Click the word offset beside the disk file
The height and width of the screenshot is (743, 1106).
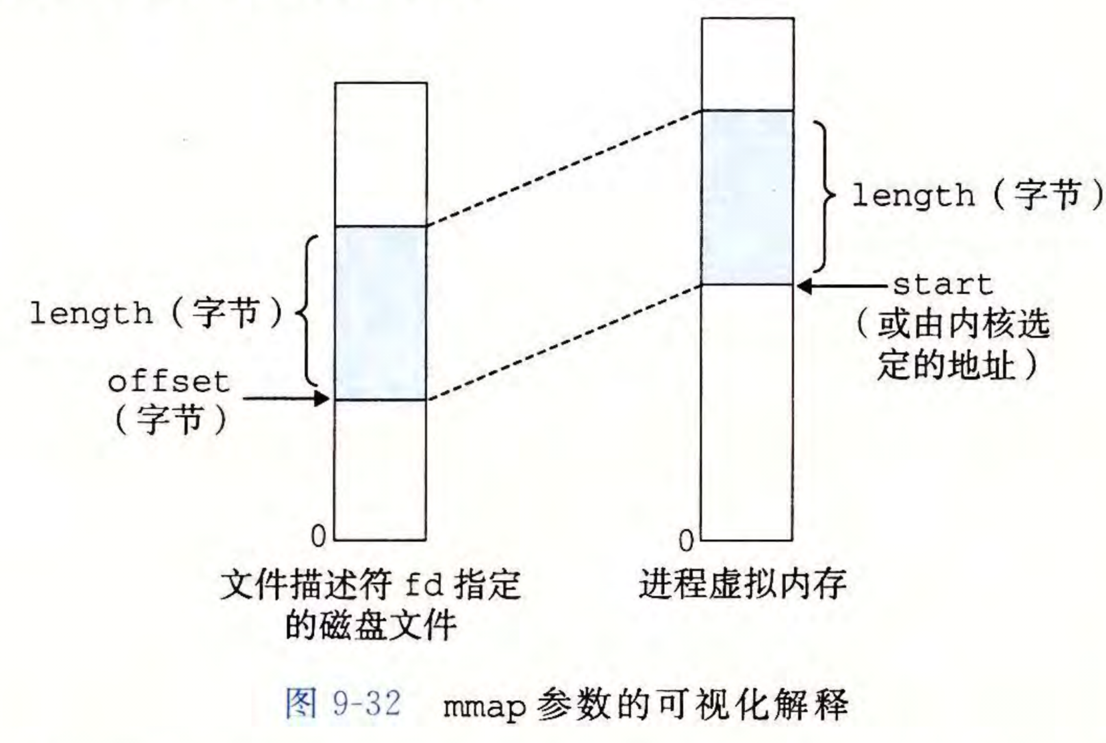[x=168, y=382]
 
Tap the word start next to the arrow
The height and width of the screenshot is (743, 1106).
[x=942, y=285]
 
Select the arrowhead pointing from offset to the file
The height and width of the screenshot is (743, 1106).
[x=323, y=399]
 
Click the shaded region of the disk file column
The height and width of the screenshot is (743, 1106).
[x=380, y=313]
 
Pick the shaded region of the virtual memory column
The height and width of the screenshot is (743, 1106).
[x=747, y=197]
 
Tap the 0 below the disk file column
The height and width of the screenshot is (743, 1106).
[x=319, y=536]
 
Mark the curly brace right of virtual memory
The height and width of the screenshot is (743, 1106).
[x=827, y=197]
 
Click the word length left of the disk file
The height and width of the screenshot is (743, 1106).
[x=91, y=313]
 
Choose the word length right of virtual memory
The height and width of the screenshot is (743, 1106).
[x=913, y=196]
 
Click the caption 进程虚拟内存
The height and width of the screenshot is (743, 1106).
[x=742, y=583]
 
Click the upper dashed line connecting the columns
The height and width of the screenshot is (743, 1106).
[x=563, y=168]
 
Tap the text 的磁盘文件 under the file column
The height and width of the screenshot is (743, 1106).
[x=371, y=625]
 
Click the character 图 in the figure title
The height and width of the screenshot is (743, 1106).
[x=301, y=704]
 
